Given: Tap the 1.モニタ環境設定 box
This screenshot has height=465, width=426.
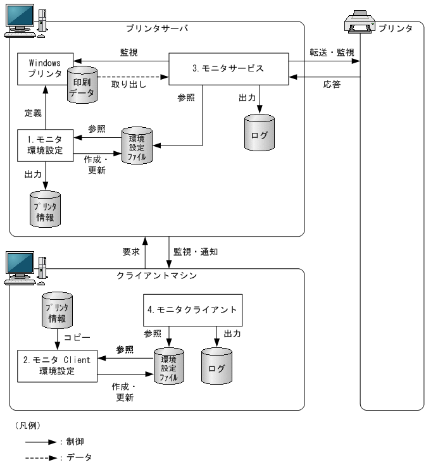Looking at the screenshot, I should [45, 145].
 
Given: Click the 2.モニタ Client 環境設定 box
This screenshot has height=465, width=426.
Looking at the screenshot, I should [56, 366].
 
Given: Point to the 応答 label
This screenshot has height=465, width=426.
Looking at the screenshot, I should [331, 84].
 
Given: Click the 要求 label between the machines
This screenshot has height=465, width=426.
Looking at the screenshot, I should [130, 251].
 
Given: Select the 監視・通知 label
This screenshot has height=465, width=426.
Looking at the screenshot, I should [196, 251].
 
